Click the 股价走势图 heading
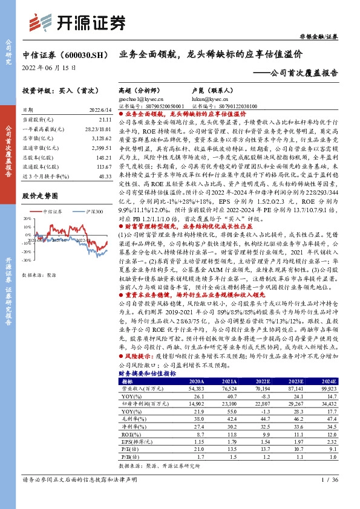point(39,196)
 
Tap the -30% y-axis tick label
point(26,260)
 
